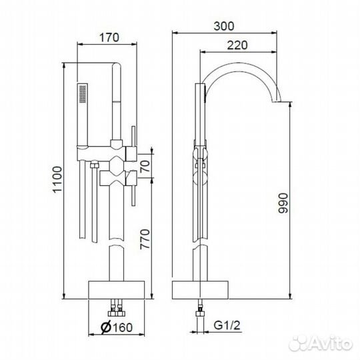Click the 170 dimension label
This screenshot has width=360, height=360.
coord(109,37)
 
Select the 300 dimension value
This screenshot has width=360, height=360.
coord(224,26)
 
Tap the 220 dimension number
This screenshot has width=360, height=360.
coord(237,45)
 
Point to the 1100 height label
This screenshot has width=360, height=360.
coord(57,179)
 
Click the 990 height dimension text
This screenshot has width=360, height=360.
coord(283,203)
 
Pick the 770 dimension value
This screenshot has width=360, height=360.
coord(145,239)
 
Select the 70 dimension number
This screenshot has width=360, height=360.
coord(145,166)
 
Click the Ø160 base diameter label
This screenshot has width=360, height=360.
coord(117,327)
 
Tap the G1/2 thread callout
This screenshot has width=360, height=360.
coord(227,325)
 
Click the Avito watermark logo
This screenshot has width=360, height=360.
coord(321,343)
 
